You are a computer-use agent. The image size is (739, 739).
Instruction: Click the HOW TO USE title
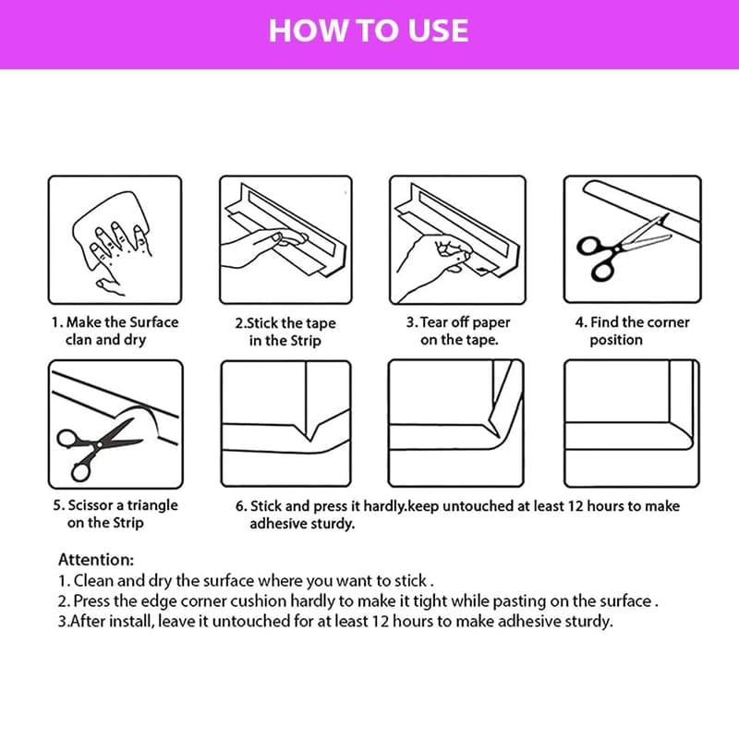tap(369, 31)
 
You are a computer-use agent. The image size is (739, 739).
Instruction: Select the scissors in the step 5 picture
tap(100, 449)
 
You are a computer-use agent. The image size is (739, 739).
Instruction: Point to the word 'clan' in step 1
tap(79, 340)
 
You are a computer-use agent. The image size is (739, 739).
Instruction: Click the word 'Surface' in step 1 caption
tap(153, 322)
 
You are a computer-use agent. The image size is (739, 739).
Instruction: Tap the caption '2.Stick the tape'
tap(285, 323)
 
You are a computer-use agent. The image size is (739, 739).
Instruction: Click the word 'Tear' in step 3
tap(433, 322)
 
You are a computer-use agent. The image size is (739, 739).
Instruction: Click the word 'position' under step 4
tap(616, 340)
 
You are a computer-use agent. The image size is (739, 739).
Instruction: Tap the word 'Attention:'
tap(96, 560)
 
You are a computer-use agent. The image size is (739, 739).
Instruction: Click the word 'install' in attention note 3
tap(132, 621)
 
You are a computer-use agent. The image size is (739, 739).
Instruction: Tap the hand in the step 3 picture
tap(431, 266)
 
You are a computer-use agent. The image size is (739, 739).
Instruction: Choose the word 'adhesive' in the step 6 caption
tap(276, 524)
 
